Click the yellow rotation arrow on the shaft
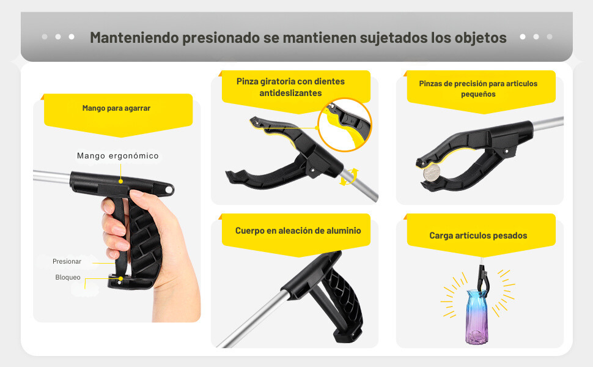click(349, 177)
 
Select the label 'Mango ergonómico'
click(117, 155)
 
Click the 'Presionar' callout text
click(67, 261)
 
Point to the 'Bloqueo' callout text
click(68, 277)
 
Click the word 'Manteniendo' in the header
click(134, 37)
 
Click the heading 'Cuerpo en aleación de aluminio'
click(298, 231)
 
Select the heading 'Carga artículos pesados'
click(478, 235)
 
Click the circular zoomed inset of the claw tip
click(345, 125)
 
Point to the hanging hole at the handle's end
click(169, 188)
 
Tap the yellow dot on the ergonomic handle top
click(120, 181)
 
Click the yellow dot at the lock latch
click(120, 278)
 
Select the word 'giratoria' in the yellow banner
click(278, 81)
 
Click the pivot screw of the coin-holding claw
click(506, 151)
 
